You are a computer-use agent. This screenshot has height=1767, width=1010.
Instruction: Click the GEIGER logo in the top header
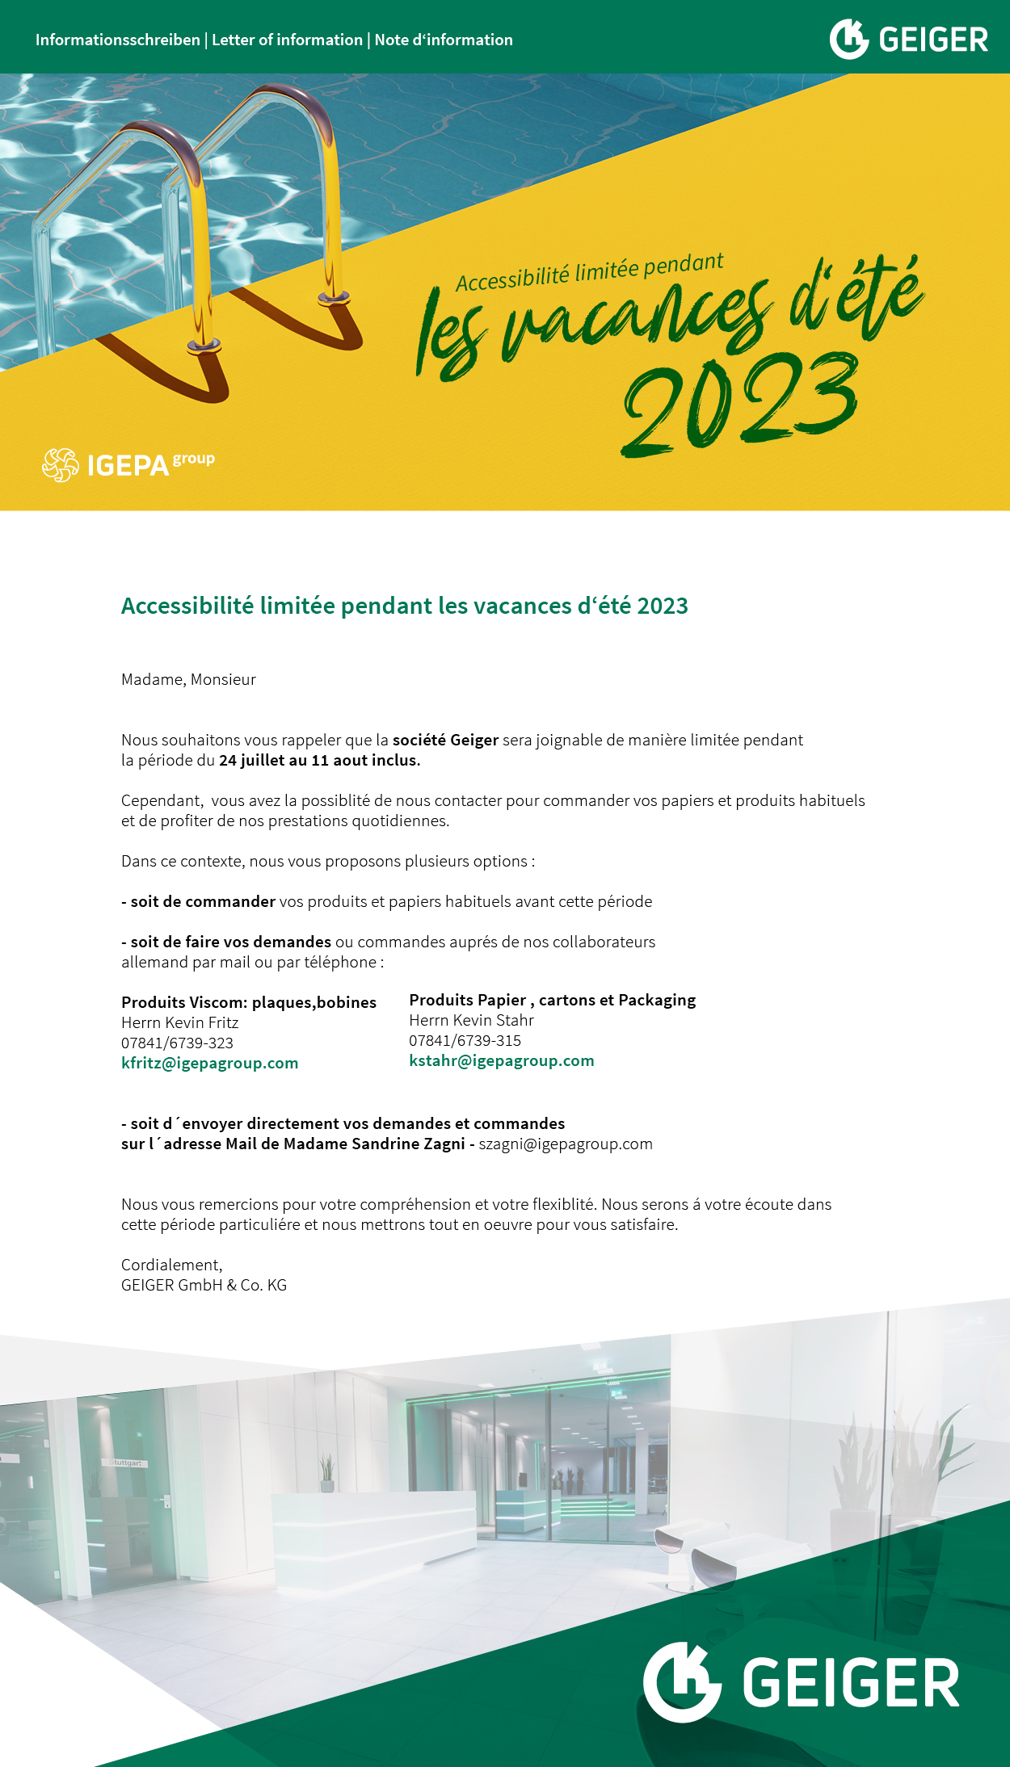(908, 39)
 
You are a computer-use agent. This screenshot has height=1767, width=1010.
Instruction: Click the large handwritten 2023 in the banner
(739, 404)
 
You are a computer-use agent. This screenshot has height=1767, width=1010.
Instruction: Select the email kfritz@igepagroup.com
(209, 1063)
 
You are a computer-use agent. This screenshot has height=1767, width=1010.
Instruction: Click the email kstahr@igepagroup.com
(501, 1060)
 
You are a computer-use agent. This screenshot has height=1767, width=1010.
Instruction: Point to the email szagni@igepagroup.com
(566, 1144)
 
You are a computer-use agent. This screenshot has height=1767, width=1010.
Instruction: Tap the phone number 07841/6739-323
(177, 1043)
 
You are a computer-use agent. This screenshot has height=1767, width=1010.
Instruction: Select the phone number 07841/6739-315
(465, 1040)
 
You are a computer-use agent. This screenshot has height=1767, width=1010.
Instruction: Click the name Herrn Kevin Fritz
(179, 1022)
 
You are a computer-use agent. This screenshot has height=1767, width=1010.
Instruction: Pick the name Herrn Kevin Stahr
(471, 1020)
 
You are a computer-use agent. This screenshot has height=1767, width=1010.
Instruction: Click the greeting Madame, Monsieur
(188, 679)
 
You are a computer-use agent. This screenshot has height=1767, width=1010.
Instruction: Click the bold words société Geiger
(445, 740)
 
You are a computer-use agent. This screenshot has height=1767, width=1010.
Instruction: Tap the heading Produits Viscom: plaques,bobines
(249, 1002)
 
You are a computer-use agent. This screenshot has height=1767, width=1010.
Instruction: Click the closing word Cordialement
(170, 1265)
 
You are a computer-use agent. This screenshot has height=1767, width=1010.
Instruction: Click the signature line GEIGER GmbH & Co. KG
(204, 1285)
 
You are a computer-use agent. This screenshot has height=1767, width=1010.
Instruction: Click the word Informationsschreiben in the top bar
(117, 40)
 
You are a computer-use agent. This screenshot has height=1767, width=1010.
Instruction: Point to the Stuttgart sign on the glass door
(127, 1463)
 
